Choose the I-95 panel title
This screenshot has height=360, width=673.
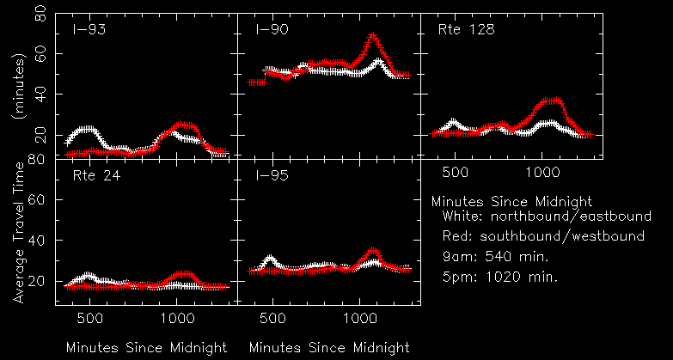272,178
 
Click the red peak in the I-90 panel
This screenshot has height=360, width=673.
372,36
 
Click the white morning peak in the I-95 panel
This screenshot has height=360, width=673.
271,258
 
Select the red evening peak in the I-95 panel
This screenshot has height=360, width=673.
372,252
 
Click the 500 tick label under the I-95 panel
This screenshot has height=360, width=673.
272,318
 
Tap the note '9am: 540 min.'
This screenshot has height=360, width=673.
496,256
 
